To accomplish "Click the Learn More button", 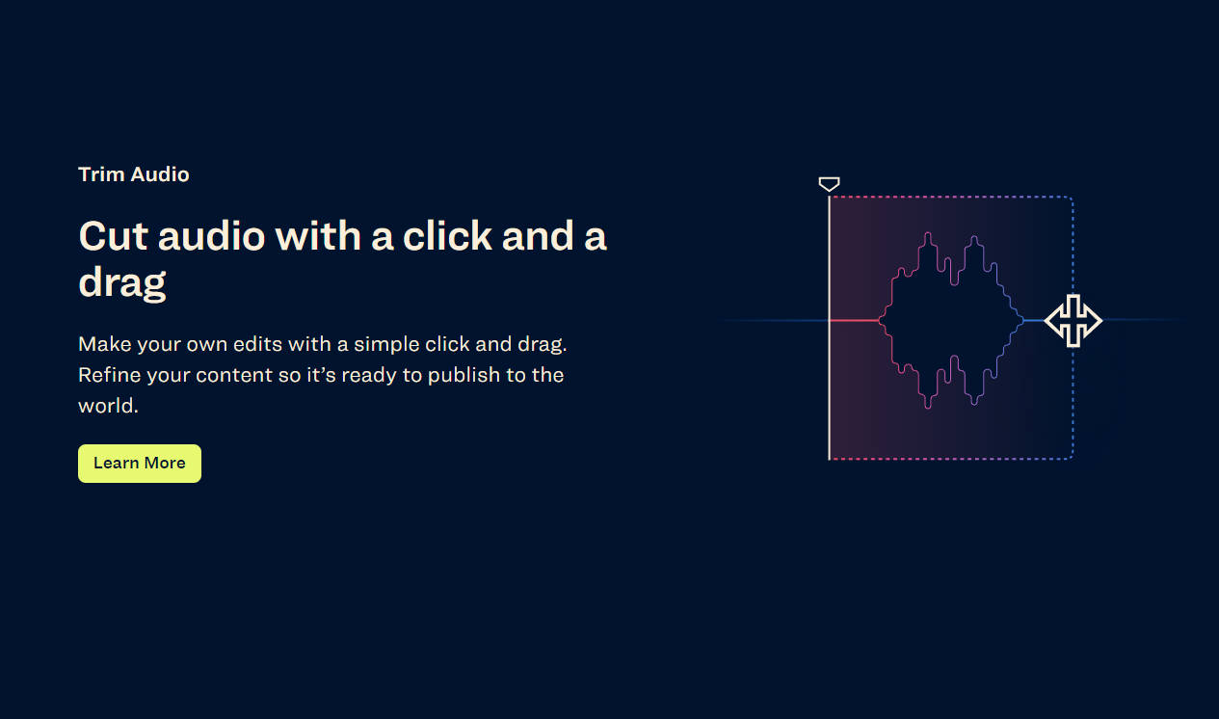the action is tap(140, 464).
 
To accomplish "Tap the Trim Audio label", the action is tap(134, 174).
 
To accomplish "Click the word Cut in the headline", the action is tap(113, 237).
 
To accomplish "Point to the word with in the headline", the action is tap(318, 237).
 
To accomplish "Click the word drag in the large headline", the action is tap(122, 283).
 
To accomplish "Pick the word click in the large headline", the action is tap(447, 237).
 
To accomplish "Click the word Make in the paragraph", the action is tap(104, 344).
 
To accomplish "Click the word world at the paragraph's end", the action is tap(108, 406).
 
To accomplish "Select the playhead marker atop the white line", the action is tap(829, 184).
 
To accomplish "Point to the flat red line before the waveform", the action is tap(855, 321).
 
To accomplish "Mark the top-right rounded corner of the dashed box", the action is tap(1071, 199).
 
